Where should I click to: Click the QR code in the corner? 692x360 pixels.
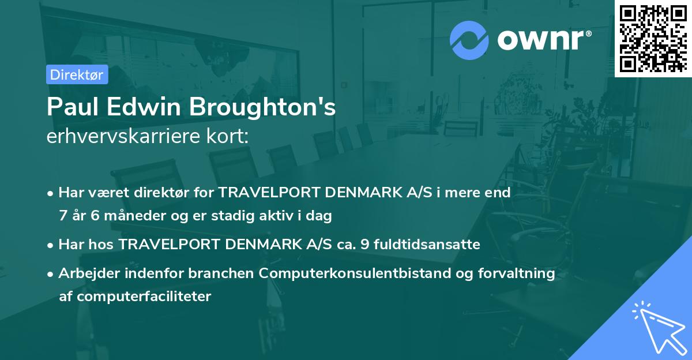point(653,38)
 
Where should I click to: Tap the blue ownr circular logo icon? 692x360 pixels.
point(469,40)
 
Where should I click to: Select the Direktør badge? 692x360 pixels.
point(77,74)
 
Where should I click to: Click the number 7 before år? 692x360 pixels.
point(63,216)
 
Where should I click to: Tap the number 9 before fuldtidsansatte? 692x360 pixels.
point(364,245)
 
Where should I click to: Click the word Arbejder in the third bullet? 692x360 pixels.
point(85,273)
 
